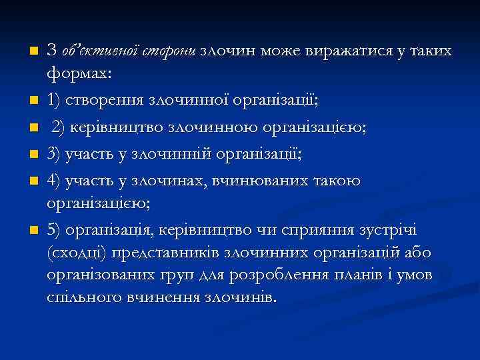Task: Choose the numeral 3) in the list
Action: point(55,155)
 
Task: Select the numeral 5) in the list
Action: point(55,231)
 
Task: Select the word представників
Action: point(175,253)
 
